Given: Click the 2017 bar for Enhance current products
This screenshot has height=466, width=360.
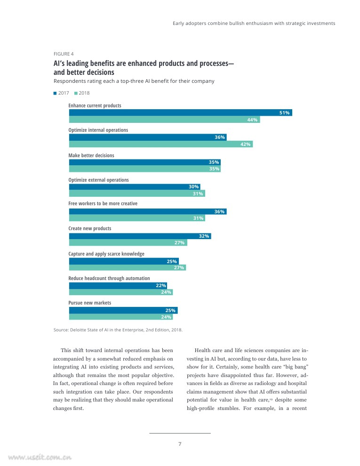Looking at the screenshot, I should tap(180, 112).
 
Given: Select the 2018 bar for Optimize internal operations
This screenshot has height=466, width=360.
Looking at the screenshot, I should tap(160, 144).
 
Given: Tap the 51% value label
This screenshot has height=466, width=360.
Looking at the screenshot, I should tap(284, 113).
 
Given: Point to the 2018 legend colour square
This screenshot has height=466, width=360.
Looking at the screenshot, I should tap(76, 93).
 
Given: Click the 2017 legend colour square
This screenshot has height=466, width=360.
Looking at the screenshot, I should tap(56, 93).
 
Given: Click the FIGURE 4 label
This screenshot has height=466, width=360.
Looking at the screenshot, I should tap(64, 54).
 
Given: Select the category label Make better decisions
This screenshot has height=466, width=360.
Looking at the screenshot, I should tap(91, 155).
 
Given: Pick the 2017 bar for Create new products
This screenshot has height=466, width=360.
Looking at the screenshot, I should tap(140, 236).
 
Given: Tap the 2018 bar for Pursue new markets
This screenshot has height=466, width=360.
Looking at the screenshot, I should tap(120, 317).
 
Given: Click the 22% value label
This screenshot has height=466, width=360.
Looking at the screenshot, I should tap(161, 286).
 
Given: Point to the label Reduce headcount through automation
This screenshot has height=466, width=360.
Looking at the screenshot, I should tap(109, 278).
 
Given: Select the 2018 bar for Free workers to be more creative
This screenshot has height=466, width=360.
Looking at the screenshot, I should tap(137, 218).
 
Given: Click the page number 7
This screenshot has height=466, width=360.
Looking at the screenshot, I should tap(180, 444).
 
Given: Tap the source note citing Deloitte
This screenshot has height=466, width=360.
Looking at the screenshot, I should tap(118, 329).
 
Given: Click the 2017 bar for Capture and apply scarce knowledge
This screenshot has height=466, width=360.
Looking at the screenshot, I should tap(124, 261).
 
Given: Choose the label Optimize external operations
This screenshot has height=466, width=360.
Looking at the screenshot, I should tap(98, 180).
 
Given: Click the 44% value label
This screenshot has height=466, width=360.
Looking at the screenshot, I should tap(252, 120).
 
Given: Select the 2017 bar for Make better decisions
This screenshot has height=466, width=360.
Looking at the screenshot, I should tap(145, 162).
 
